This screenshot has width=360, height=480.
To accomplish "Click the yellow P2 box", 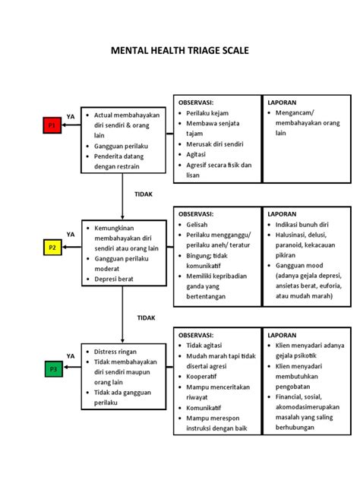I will [52, 247].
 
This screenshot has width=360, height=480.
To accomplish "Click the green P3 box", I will [52, 369].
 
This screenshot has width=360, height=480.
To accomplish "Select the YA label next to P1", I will [71, 116].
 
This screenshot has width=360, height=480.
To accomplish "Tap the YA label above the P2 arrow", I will [71, 235].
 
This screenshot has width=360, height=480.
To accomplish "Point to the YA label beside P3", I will [71, 355].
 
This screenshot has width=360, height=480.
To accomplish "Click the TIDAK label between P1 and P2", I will [144, 194].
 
